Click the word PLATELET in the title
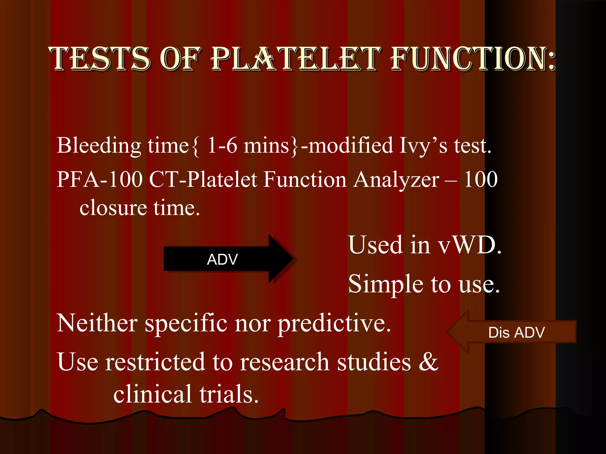tap(295, 59)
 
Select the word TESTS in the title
tap(101, 59)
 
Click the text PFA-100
tap(99, 180)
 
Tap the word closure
tap(113, 207)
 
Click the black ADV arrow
tap(228, 259)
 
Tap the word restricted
tap(155, 362)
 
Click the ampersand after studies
tap(428, 362)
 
